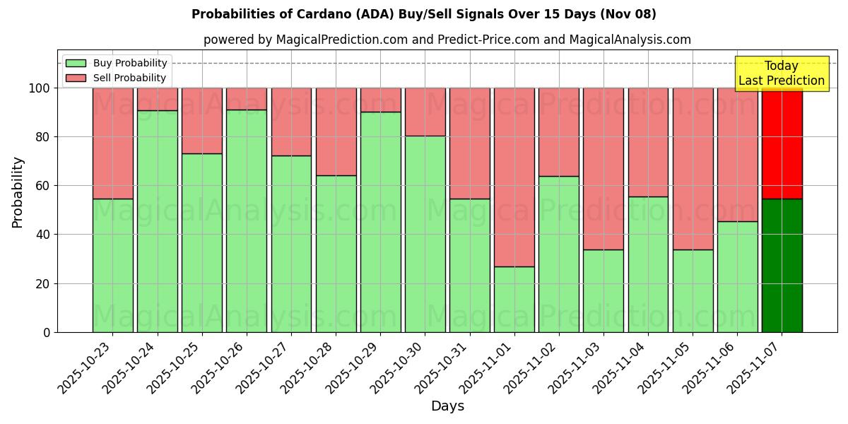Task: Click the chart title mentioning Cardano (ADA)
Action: coord(423,14)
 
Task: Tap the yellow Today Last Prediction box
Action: coord(781,73)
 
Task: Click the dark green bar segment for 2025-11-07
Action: coord(782,265)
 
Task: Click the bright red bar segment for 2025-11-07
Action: coord(782,143)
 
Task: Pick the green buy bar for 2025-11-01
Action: coord(514,299)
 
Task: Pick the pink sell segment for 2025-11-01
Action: coord(514,177)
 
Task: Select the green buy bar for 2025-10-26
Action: coord(247,220)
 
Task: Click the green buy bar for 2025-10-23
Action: coord(112,265)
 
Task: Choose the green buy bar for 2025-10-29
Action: coord(380,222)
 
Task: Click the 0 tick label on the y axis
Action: coord(47,332)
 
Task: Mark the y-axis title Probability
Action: coord(18,192)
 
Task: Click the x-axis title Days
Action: coord(447,406)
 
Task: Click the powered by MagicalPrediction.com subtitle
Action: coord(447,40)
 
